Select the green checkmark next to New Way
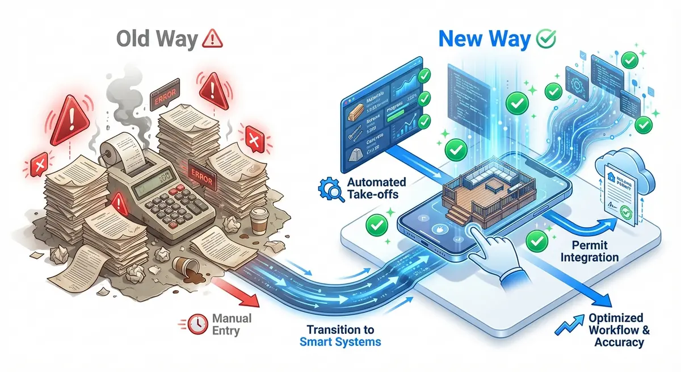click(545, 39)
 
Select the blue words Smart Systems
click(340, 342)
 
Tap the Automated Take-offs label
click(376, 189)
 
